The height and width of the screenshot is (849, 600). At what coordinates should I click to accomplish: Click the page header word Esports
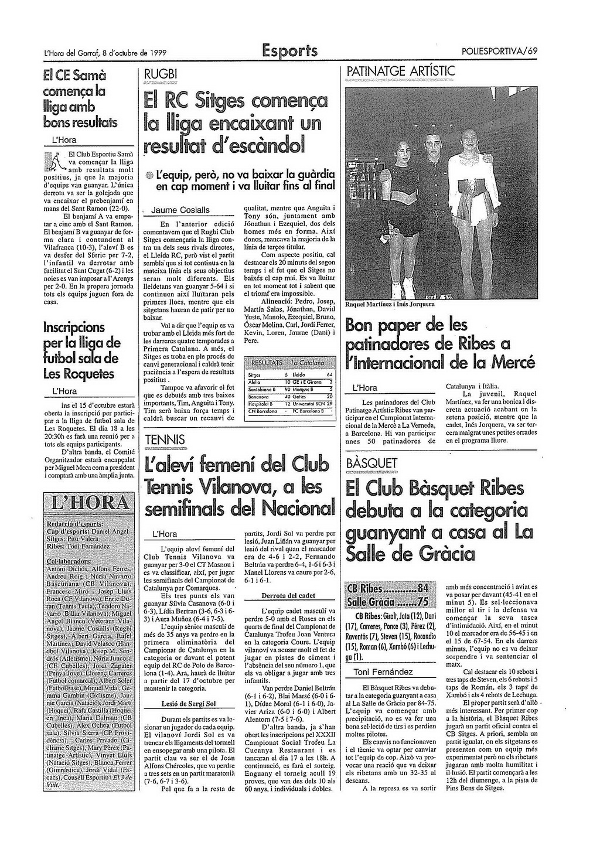(290, 50)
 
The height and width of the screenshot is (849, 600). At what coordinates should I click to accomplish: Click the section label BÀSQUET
(372, 463)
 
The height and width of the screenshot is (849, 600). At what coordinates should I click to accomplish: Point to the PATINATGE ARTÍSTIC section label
(401, 71)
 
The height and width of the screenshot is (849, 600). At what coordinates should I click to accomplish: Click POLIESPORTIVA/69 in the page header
(499, 51)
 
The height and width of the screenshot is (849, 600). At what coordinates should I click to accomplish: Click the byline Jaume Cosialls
(180, 210)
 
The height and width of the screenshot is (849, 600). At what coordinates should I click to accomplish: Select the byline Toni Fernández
(383, 672)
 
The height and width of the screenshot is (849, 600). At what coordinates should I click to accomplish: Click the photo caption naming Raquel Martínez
(390, 304)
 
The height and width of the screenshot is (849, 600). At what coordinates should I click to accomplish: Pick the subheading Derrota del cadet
(288, 596)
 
